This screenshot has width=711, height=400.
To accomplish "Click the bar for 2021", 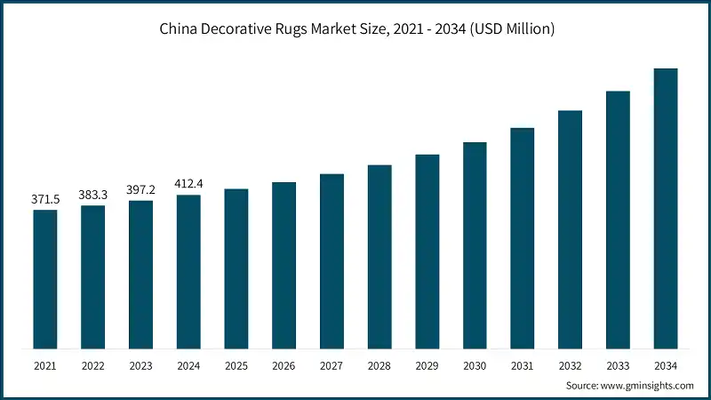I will click(x=45, y=279).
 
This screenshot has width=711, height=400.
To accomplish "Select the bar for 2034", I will click(x=666, y=208).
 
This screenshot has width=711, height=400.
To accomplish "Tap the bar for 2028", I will click(x=379, y=257).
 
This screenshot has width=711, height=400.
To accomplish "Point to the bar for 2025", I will click(x=236, y=268).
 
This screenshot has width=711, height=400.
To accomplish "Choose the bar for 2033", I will click(x=618, y=220).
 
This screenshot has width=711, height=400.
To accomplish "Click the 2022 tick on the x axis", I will click(x=93, y=365).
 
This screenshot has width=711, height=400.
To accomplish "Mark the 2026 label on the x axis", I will click(x=284, y=365).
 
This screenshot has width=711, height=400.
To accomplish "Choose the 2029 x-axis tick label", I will click(x=427, y=365).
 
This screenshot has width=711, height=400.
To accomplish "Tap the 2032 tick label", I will click(x=571, y=365).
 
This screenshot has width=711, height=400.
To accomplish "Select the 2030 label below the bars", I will click(x=475, y=365).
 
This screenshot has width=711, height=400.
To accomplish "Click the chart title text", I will click(x=356, y=30).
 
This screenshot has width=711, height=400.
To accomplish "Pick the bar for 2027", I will click(x=332, y=261).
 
